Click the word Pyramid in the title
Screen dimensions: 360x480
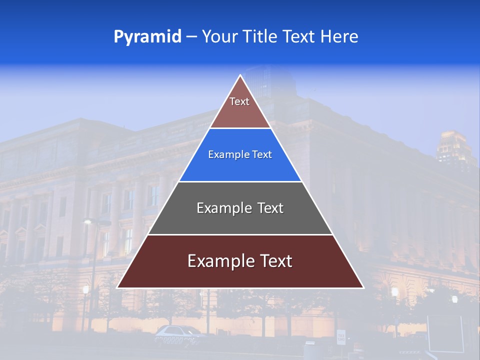pos(147,37)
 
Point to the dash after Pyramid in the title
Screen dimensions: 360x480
pos(191,37)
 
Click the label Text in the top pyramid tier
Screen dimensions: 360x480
pos(239,101)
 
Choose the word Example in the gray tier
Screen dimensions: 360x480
pos(220,208)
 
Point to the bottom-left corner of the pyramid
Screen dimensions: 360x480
pos(117,287)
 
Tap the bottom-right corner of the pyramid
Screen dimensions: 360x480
pos(363,287)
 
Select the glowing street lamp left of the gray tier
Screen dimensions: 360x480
pos(87,221)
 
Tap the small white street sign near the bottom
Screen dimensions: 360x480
pos(341,337)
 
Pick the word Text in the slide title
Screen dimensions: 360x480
pos(300,36)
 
